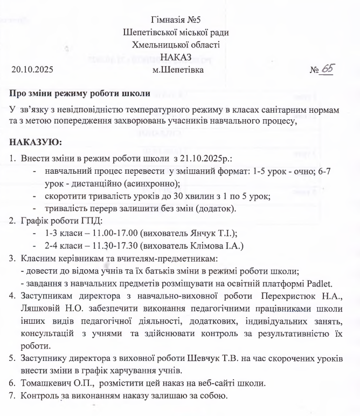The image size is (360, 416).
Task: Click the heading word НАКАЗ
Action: click(x=179, y=57)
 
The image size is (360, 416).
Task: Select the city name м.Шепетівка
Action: click(x=179, y=70)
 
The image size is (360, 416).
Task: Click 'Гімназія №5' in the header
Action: click(x=179, y=21)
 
